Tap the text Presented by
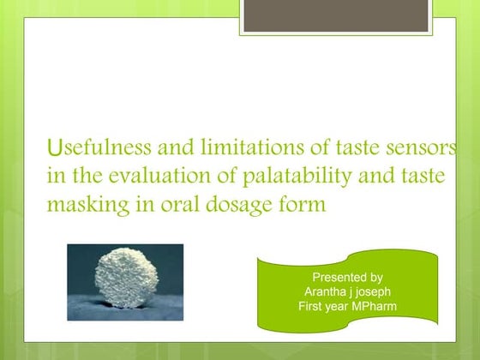347,277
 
